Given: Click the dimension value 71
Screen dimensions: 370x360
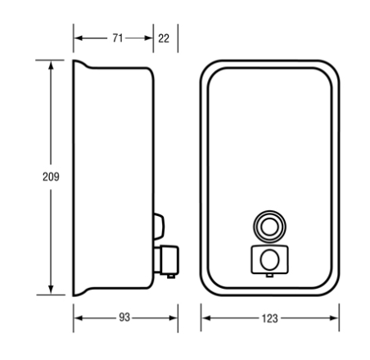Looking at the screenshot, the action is click(x=118, y=38).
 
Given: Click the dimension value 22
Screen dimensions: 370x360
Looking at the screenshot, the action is click(x=164, y=38).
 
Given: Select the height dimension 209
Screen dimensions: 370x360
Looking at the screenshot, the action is click(x=51, y=177).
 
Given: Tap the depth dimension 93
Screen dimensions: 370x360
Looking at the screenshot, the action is click(x=124, y=317).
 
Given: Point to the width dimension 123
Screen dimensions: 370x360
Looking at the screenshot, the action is click(x=269, y=318).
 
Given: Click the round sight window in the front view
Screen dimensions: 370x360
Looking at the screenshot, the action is click(x=269, y=227).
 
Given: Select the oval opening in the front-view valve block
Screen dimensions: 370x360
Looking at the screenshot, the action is click(x=269, y=260).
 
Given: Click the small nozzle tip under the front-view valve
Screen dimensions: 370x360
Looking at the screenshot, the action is click(x=269, y=276).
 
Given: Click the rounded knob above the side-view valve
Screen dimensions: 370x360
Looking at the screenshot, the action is click(x=159, y=227).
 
